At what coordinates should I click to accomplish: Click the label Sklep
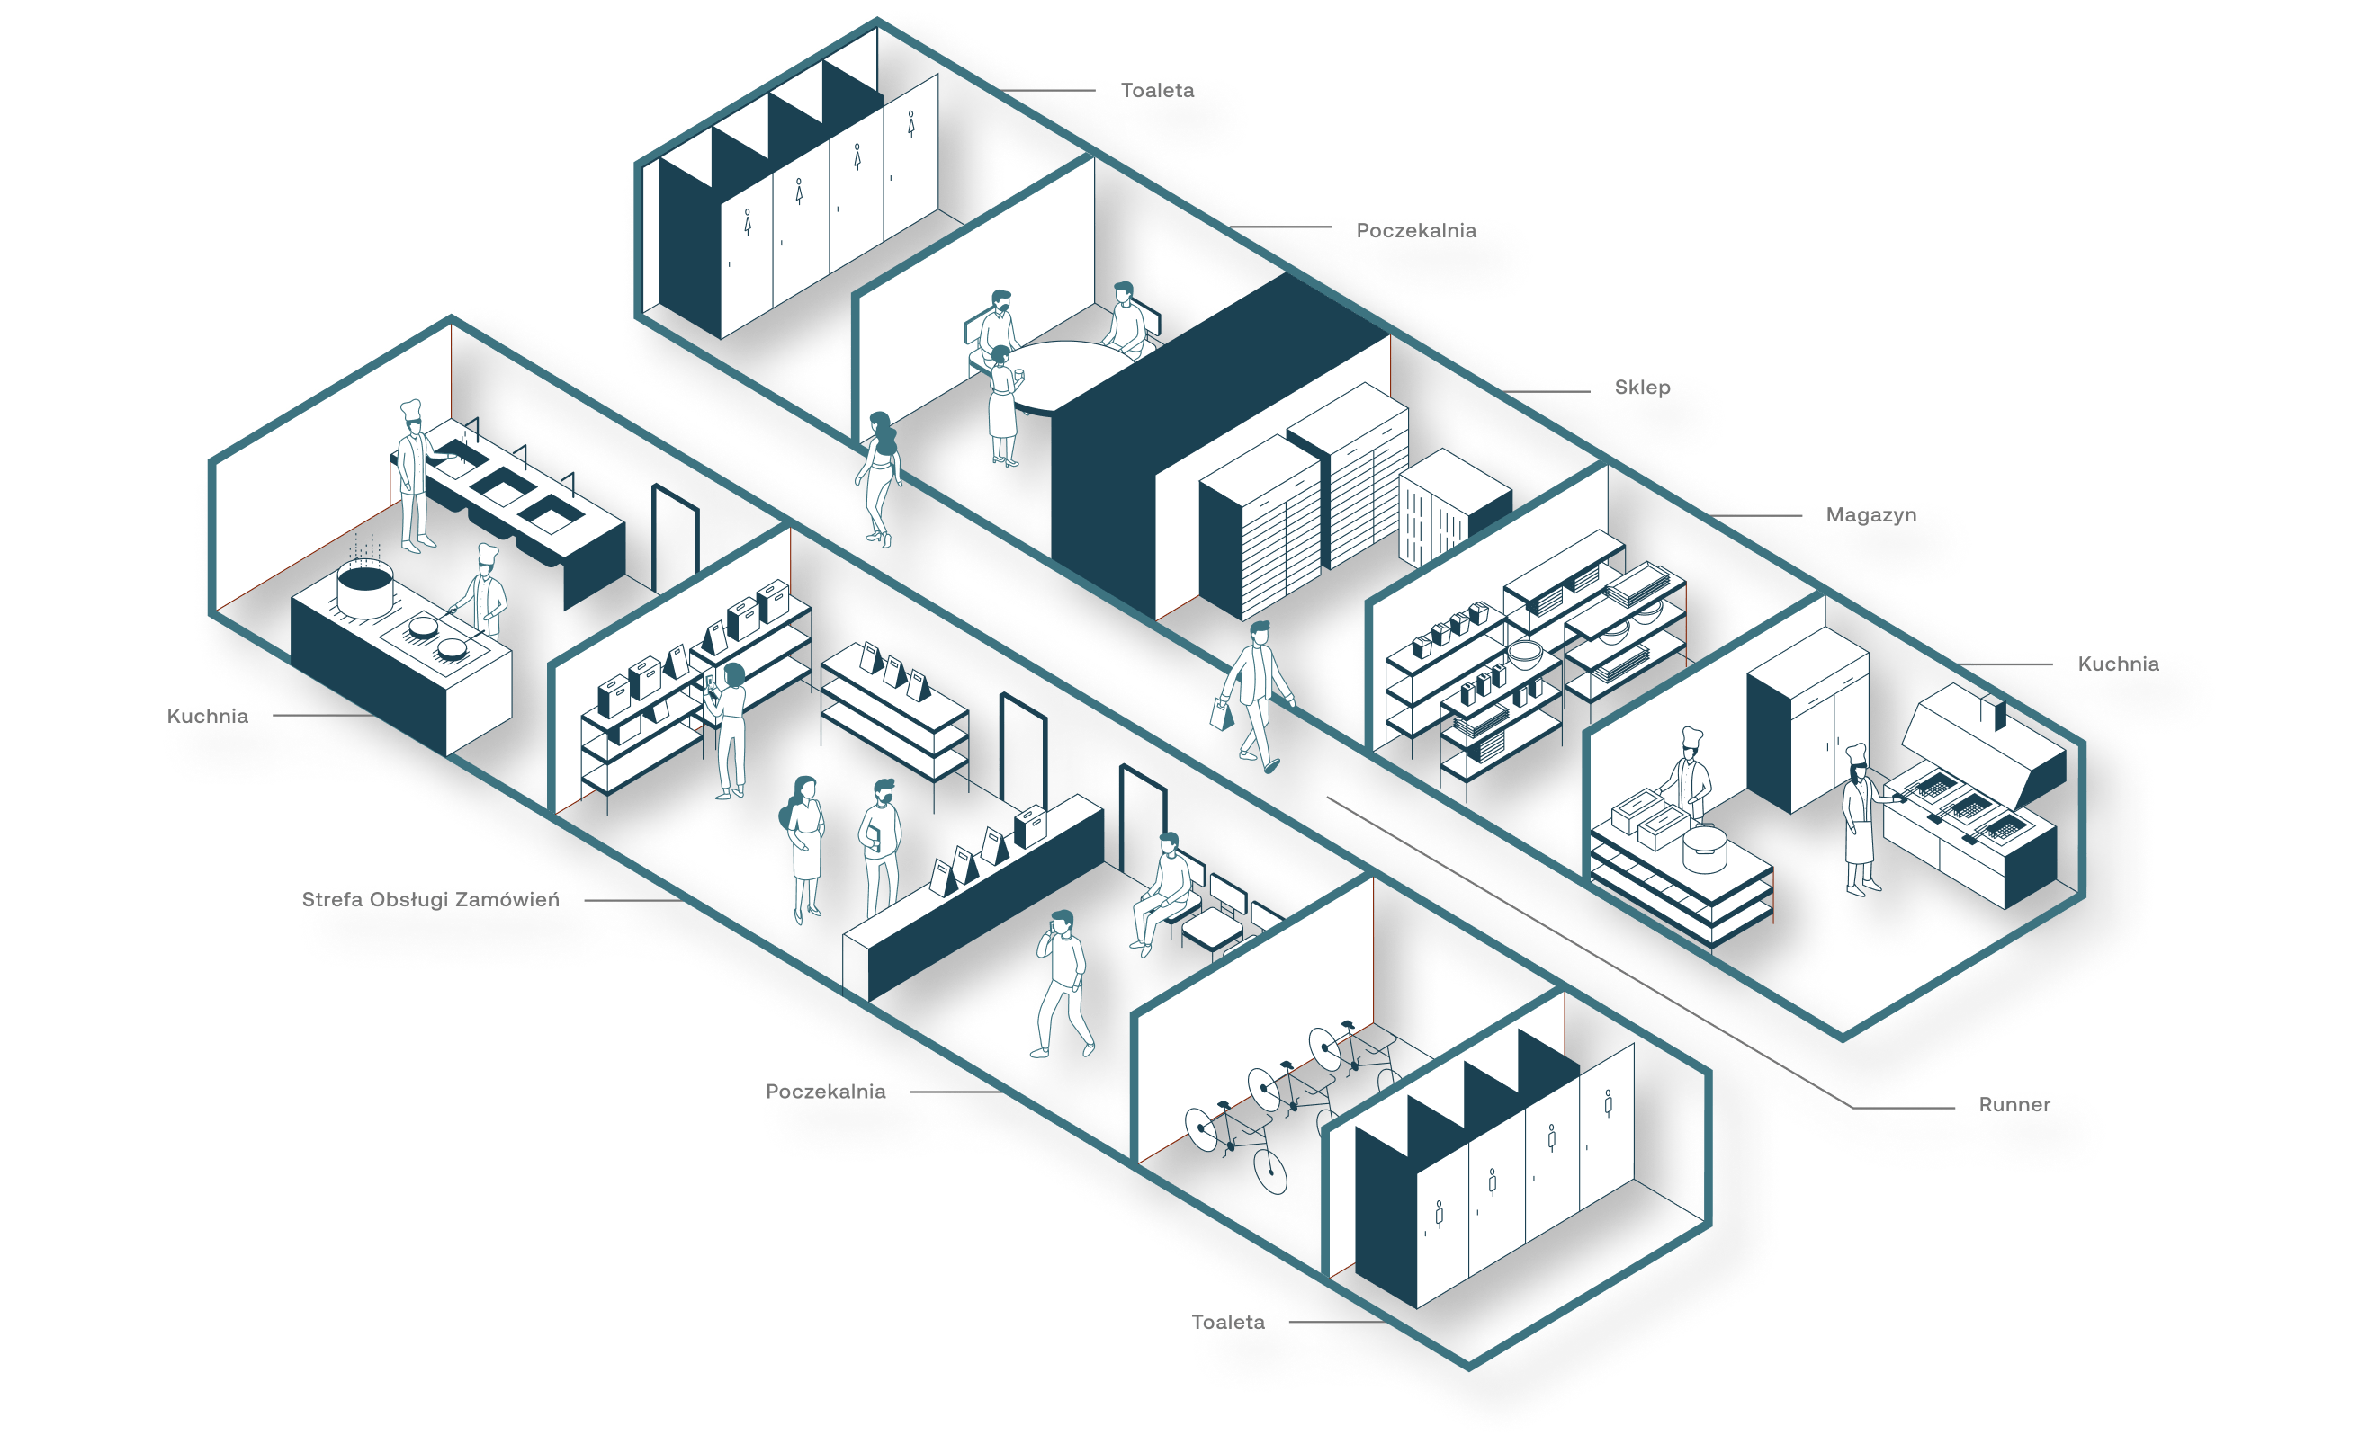pos(1643,388)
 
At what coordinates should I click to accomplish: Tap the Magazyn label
pos(1870,516)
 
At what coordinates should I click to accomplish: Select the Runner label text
pos(2014,1105)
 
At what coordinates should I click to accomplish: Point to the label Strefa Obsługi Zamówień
pos(431,900)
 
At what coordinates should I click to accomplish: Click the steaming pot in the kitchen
pos(364,588)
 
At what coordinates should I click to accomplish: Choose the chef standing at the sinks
pos(414,474)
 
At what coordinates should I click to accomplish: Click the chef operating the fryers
pos(1860,816)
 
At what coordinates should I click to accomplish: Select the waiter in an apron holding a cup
pos(1003,404)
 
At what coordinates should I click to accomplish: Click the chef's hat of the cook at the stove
pos(488,555)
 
